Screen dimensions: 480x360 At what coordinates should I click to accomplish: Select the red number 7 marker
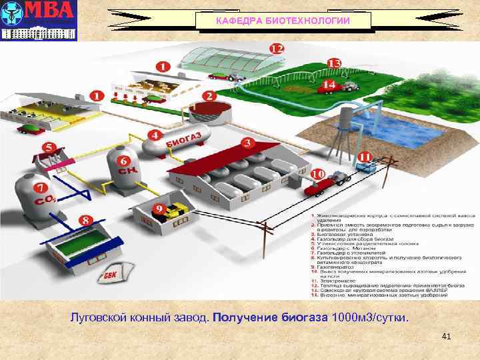pos(41,189)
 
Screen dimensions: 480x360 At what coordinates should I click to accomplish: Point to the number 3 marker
pos(247,143)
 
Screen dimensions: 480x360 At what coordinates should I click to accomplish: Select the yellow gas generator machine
pos(175,211)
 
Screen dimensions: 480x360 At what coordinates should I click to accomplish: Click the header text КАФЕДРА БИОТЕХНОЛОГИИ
pos(283,21)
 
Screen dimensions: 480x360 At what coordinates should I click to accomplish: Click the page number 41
pos(446,337)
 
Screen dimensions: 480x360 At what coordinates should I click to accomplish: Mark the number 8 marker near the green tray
pos(86,220)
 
